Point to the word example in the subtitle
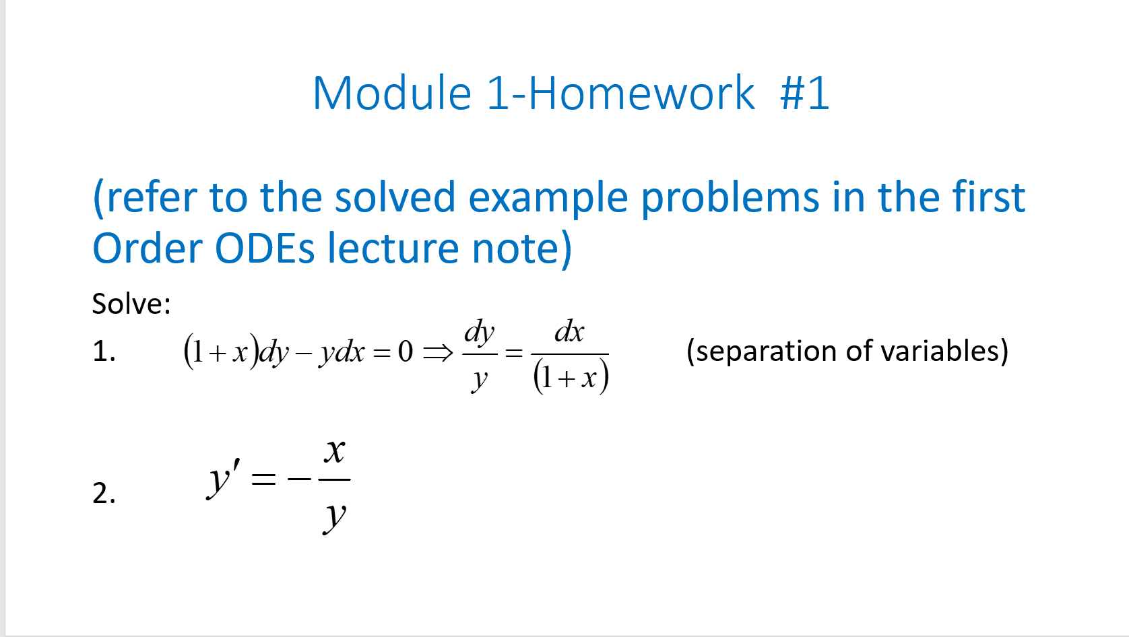click(548, 199)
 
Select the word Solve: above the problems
click(131, 304)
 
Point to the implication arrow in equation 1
click(439, 352)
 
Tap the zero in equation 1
click(405, 351)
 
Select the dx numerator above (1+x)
click(569, 332)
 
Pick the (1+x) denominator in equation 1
click(571, 377)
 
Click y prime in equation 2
click(222, 479)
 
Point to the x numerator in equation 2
click(334, 451)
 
